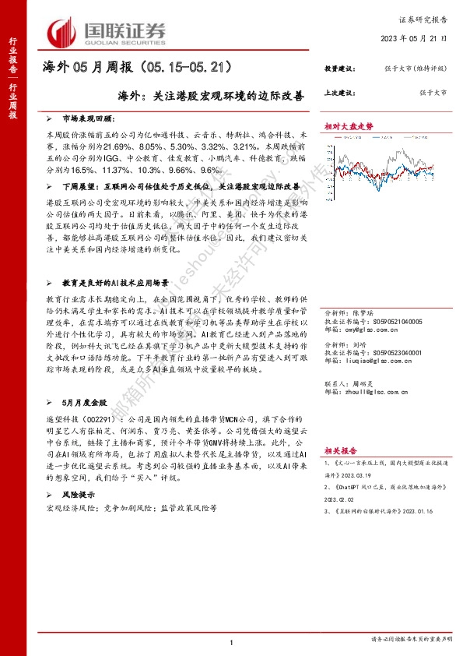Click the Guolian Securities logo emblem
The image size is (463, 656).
coord(61,31)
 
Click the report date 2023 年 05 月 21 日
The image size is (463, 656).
coord(415,38)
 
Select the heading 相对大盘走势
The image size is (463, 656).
coord(349,125)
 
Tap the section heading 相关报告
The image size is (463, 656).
coord(340,451)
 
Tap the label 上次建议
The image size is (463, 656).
coord(338,93)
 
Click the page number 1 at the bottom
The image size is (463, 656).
coord(232,642)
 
